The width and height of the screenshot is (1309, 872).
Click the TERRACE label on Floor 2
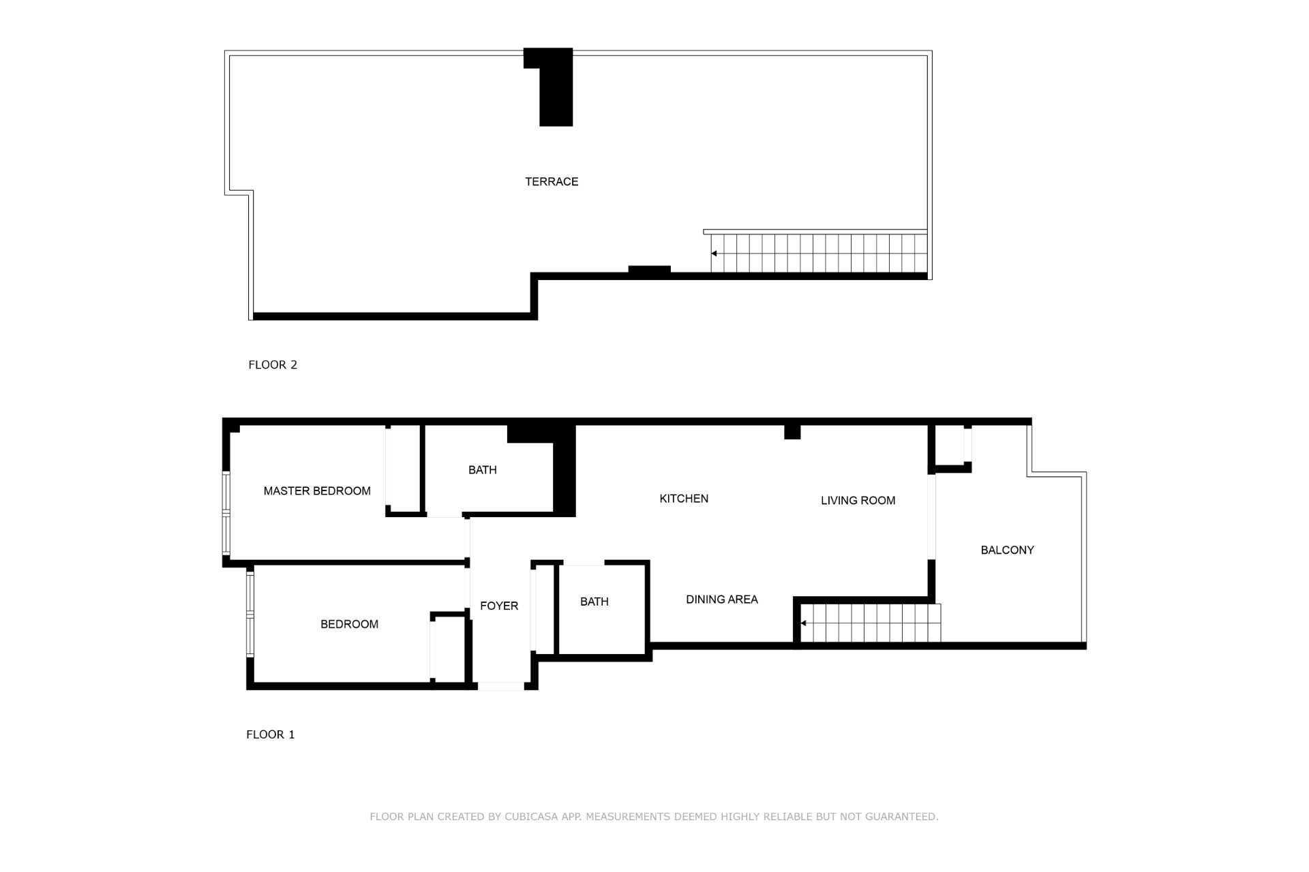[x=552, y=182]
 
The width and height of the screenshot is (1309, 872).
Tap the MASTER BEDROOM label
[x=317, y=491]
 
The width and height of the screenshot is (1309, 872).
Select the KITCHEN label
[x=684, y=499]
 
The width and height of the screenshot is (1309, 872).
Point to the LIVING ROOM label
[x=858, y=501]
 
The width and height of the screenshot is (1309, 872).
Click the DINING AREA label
[x=722, y=599]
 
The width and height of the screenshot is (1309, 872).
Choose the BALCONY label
[x=1007, y=550]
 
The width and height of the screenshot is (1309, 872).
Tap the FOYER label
[x=499, y=606]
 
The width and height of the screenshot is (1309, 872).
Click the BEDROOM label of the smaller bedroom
[x=349, y=625]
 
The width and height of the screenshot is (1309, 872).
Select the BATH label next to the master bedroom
[x=483, y=470]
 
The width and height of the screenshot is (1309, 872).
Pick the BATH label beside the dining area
[x=595, y=602]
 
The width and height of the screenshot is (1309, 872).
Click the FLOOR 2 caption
[x=273, y=365]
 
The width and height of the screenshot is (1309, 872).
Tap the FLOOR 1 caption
[x=271, y=735]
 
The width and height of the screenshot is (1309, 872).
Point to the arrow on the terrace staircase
[x=714, y=253]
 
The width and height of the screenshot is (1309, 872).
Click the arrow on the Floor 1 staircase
[x=804, y=623]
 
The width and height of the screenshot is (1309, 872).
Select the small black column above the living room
[x=792, y=432]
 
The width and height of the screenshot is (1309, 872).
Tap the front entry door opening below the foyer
[x=501, y=686]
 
